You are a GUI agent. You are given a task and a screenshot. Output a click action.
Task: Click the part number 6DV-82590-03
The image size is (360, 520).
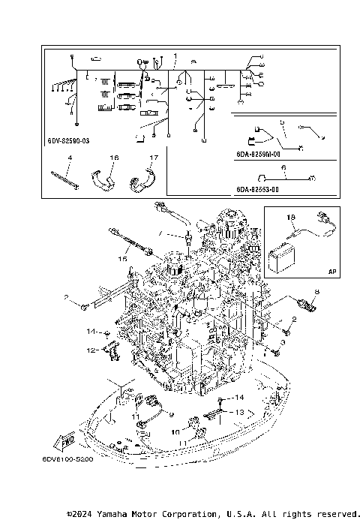[67, 140]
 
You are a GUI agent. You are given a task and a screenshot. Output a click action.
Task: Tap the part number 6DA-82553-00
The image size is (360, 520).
[258, 191]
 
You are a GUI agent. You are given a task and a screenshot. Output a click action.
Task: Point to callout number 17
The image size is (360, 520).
[153, 158]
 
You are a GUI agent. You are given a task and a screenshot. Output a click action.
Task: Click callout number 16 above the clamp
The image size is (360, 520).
[114, 158]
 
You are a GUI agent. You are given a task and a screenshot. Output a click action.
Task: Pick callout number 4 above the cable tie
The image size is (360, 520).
[69, 158]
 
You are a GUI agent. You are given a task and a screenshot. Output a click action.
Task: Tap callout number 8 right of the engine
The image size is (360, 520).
[316, 291]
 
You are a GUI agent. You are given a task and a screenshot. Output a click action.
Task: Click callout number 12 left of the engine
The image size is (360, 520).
[90, 350]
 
